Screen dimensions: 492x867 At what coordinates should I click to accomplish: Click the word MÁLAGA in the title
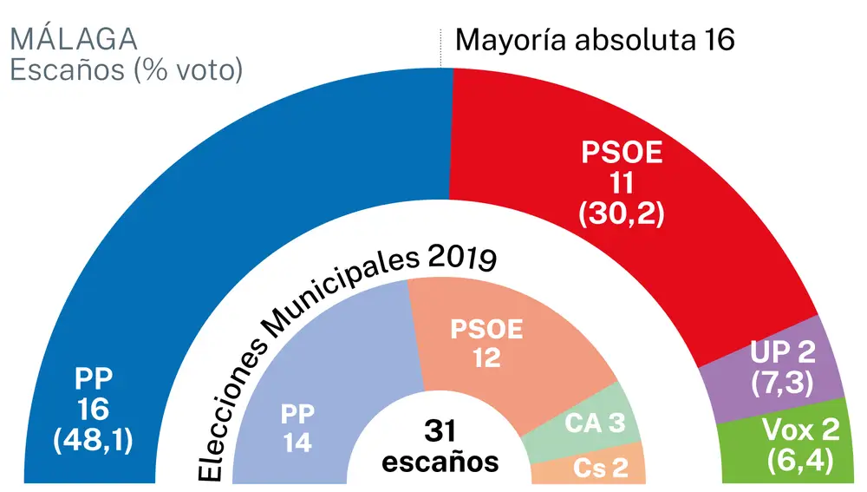coord(74,39)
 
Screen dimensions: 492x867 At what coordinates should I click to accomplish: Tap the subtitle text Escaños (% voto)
coord(126,70)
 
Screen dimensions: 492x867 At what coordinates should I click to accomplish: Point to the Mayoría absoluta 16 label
coord(595,40)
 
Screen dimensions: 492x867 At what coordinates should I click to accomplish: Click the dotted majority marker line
coord(441,48)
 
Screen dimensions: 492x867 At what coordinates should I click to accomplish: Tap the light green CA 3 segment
coord(590,425)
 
